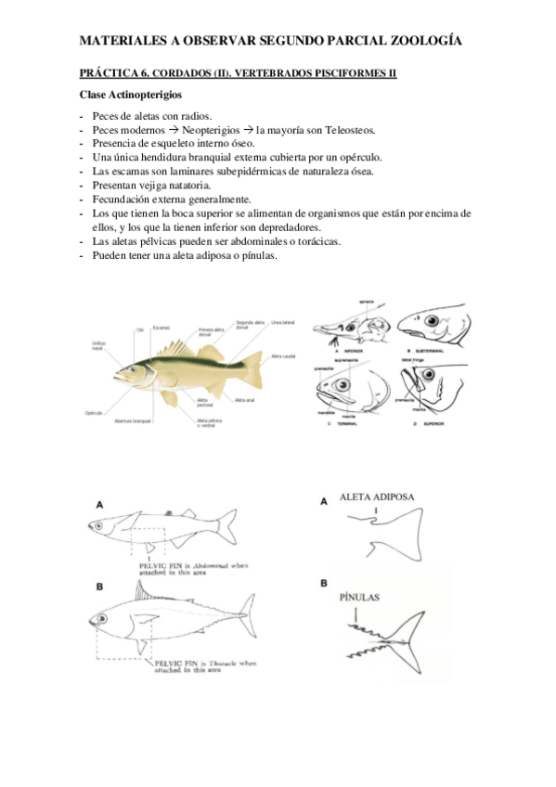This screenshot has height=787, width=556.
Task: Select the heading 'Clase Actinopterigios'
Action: point(130,95)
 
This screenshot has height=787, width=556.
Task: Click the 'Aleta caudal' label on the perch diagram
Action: point(282,355)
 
